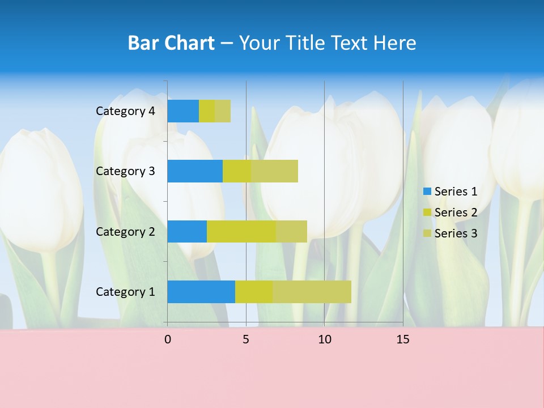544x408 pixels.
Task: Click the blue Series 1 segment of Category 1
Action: click(201, 292)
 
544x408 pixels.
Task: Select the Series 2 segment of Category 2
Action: click(241, 231)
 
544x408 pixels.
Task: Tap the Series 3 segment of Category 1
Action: click(312, 292)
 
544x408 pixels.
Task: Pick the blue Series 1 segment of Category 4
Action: click(183, 111)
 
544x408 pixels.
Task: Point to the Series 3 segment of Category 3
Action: click(274, 171)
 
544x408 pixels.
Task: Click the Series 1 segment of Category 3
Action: click(195, 171)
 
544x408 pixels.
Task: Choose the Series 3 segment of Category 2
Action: click(291, 231)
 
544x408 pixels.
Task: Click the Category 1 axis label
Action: click(125, 292)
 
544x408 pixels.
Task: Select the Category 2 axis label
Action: click(125, 231)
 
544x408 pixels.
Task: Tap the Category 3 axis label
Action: click(125, 171)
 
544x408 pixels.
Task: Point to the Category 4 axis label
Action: click(125, 111)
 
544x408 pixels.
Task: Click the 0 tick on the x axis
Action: click(168, 339)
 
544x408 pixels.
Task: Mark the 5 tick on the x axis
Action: click(246, 339)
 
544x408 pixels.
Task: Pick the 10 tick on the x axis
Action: click(324, 339)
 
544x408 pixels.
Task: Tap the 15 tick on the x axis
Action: click(403, 339)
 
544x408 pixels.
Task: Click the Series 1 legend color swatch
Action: click(427, 192)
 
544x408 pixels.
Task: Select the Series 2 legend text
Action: click(456, 212)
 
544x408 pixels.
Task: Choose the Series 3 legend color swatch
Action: click(427, 233)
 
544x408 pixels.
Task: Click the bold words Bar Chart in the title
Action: click(171, 43)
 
